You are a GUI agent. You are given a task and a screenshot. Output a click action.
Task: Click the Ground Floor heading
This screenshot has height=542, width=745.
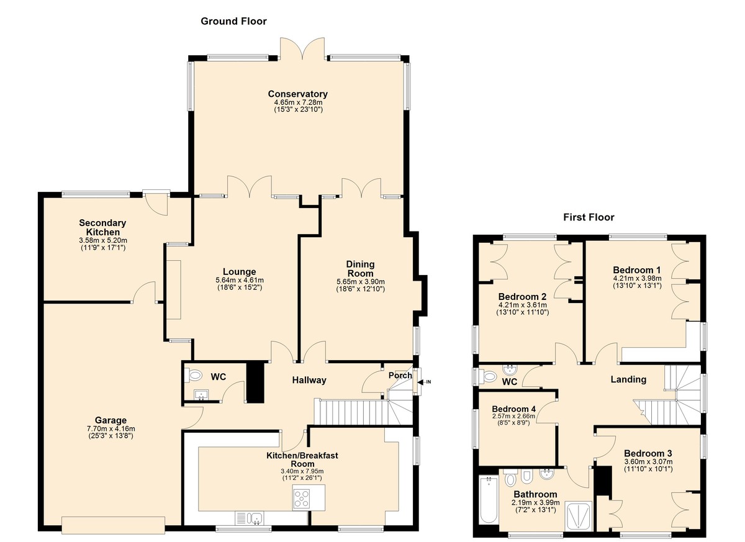pos(233,22)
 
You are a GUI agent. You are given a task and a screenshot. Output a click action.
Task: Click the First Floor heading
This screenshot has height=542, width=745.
pos(589,217)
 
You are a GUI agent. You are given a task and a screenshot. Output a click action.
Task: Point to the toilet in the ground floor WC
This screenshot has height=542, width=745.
pos(195,375)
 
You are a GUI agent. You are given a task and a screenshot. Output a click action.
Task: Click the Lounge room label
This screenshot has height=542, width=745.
pos(240,272)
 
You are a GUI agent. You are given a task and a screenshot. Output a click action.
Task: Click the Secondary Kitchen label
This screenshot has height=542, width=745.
pos(102,227)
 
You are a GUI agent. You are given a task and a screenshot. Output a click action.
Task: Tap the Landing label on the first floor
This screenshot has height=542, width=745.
pos(628,379)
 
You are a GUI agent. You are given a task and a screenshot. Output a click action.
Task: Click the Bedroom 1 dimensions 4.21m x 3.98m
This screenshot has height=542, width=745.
pos(636,279)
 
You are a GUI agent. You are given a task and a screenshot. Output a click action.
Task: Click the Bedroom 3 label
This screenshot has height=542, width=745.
pos(648,453)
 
